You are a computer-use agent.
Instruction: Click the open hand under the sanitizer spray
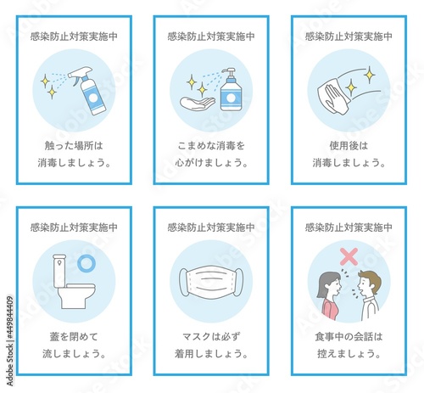[x=198, y=104]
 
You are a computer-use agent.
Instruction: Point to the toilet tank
[x=59, y=270]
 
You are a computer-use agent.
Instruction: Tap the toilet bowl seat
[x=76, y=286]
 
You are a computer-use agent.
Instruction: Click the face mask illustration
[x=211, y=282]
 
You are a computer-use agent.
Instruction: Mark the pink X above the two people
[x=349, y=256]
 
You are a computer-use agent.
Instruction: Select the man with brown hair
[x=367, y=295]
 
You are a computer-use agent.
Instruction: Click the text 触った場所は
[x=74, y=145]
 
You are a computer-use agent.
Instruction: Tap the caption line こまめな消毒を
[x=211, y=145]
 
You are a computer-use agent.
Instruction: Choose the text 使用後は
[x=349, y=145]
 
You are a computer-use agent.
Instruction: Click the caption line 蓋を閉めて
[x=74, y=336]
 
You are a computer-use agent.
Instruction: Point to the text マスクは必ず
[x=211, y=336]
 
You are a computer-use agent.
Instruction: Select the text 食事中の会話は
[x=349, y=336]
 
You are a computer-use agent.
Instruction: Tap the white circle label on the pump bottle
[x=231, y=98]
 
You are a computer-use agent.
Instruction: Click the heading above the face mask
[x=211, y=227]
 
